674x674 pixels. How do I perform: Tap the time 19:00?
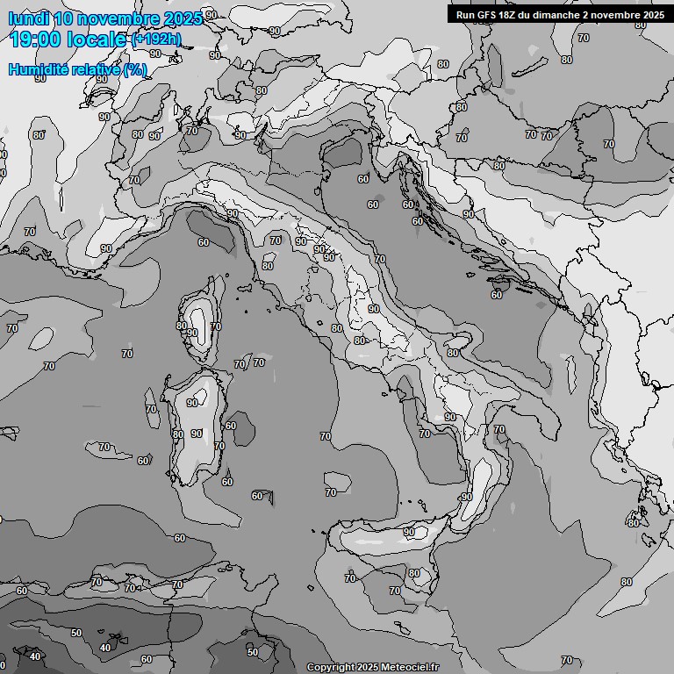tap(40, 39)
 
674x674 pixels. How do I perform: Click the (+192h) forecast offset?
tap(156, 39)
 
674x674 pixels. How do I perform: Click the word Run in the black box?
tap(466, 15)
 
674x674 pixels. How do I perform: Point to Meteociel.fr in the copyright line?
tap(409, 667)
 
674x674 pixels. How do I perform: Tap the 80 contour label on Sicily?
tap(414, 573)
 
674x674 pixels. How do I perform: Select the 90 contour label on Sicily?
tap(409, 532)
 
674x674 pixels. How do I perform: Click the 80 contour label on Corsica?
tap(181, 326)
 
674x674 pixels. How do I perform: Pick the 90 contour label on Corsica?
tap(192, 333)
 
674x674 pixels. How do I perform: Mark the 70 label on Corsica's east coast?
tap(216, 326)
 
